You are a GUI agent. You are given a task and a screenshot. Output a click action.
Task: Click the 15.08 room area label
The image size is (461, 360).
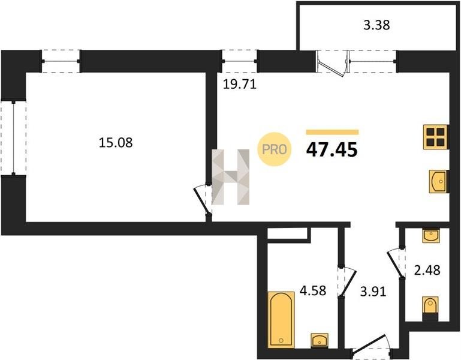point(116,143)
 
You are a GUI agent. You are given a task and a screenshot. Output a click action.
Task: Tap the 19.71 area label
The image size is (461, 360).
point(240,85)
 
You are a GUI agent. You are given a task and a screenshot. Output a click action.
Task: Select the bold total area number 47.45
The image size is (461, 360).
point(332,149)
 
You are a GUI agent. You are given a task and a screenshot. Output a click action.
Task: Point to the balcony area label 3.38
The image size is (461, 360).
point(376,25)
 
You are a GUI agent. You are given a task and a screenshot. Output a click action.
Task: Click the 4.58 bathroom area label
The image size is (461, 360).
point(313,290)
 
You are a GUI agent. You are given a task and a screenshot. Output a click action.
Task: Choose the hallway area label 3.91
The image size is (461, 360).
point(373,292)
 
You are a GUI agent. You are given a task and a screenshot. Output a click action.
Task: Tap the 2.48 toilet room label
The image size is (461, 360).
point(427,270)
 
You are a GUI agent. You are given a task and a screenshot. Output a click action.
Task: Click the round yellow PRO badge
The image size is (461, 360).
point(275,149)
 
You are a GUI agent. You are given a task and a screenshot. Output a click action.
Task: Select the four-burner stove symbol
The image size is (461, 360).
point(436,137)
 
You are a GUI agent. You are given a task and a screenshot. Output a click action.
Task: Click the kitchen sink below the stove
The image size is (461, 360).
point(439,181)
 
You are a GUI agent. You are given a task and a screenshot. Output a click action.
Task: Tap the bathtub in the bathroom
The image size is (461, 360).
point(281,319)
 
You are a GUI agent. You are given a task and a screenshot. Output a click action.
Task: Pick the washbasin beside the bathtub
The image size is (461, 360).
point(320,340)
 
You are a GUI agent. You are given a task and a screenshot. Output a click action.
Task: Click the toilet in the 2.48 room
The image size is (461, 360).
point(430,308)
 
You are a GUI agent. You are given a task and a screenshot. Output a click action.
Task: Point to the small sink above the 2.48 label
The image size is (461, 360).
point(431,236)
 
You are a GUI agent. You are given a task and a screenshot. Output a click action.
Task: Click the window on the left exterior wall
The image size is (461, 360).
point(13,138)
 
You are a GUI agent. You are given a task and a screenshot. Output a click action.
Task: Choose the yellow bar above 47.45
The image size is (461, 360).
point(332,132)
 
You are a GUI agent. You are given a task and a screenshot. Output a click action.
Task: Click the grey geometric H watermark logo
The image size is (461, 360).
point(231,177)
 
